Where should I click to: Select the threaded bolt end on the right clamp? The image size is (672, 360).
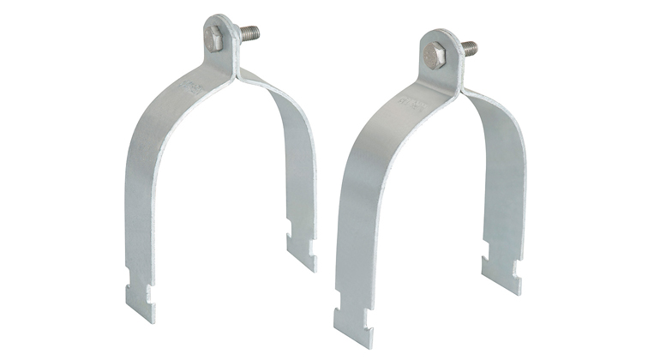470,48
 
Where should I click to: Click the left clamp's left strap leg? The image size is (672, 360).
146,189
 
